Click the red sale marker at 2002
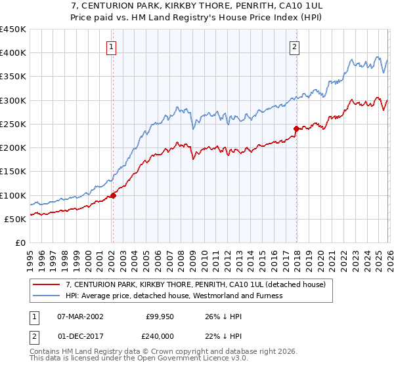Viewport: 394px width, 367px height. [113, 195]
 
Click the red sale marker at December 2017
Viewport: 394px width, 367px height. [296, 128]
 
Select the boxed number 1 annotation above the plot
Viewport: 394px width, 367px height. [112, 47]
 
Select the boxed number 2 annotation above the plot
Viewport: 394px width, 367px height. [295, 47]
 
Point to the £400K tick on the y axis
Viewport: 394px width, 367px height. [12, 53]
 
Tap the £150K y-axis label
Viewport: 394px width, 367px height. [12, 172]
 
